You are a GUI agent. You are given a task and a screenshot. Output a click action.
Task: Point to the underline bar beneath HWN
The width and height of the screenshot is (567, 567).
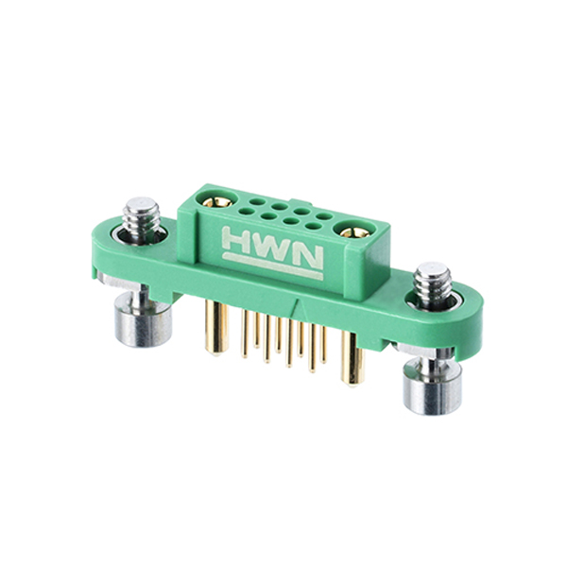pyautogui.click(x=272, y=266)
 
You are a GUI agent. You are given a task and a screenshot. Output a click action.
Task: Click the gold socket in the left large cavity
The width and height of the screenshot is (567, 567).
pyautogui.click(x=217, y=201)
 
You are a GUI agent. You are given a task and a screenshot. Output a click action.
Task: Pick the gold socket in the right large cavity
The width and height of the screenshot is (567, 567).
pyautogui.click(x=354, y=232)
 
